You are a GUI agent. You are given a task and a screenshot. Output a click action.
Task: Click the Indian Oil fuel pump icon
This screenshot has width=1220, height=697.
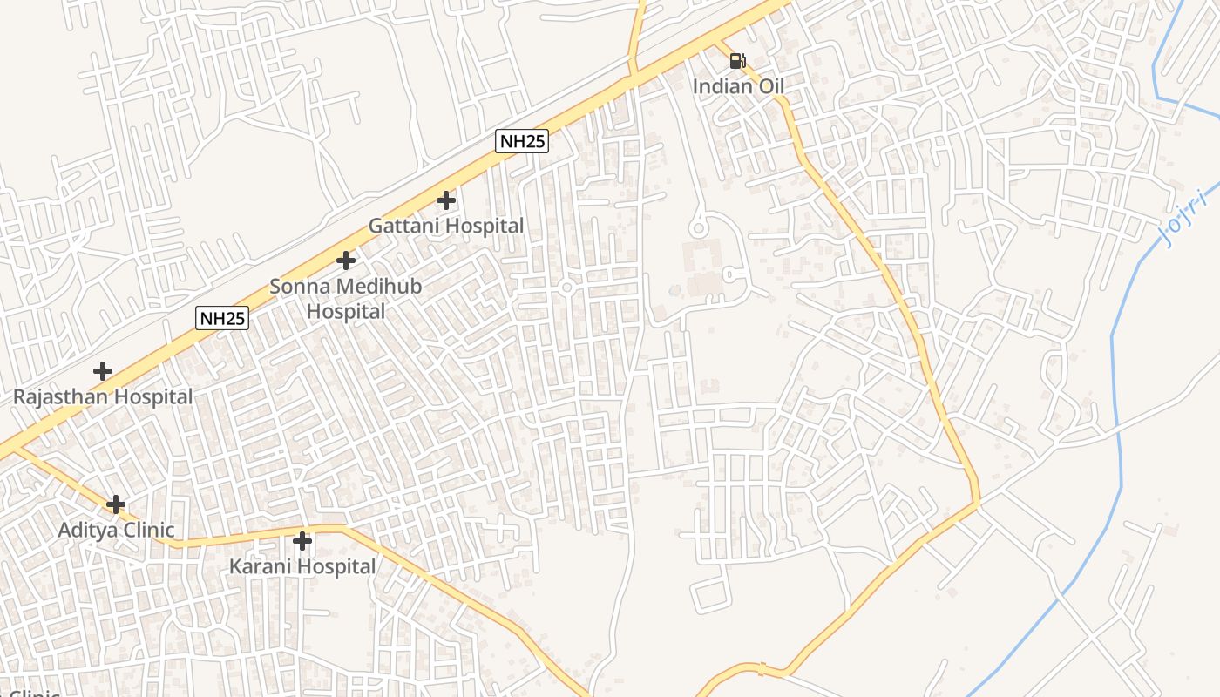tap(737, 61)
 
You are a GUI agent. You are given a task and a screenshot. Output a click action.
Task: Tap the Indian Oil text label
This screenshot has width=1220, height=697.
tap(738, 86)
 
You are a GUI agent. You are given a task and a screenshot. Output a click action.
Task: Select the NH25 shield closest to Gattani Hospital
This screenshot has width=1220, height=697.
tap(522, 141)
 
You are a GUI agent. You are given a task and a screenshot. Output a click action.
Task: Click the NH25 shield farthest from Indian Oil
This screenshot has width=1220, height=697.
tap(222, 318)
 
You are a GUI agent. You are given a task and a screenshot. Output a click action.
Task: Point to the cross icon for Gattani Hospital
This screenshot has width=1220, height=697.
tap(445, 200)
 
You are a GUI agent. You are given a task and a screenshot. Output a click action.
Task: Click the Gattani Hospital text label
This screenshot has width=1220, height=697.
tap(446, 226)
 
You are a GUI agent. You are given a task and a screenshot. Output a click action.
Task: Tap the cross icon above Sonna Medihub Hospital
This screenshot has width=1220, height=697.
tap(346, 261)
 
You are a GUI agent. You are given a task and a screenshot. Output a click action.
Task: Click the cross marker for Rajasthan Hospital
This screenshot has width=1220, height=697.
tap(103, 371)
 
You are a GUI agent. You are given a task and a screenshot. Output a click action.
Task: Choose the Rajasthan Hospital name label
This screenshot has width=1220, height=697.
tap(103, 396)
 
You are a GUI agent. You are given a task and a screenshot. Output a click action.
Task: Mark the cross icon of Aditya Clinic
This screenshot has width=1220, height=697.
tap(116, 504)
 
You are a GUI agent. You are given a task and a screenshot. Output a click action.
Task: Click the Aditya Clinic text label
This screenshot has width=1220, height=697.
tap(116, 530)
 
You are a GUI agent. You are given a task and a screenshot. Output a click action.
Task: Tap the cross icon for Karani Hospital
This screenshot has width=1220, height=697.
tap(302, 541)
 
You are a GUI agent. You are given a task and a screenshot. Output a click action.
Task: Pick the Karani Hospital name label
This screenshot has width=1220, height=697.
tap(302, 566)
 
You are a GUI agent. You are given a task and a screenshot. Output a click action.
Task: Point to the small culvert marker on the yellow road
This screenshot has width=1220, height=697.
tap(762, 669)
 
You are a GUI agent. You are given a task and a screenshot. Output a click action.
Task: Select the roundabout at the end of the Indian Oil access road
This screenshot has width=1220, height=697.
tap(697, 228)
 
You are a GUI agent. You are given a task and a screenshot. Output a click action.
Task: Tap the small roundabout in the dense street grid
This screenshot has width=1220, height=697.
tap(566, 287)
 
